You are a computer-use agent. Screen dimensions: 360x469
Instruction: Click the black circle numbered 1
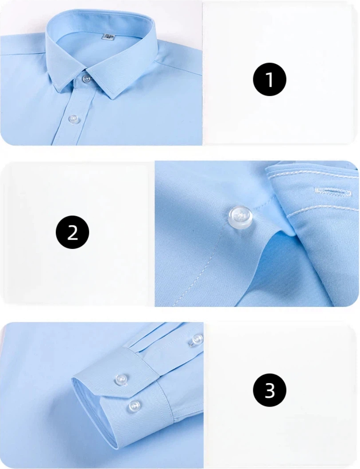coord(270,79)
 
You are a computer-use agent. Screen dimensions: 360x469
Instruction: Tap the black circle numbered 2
coord(72,232)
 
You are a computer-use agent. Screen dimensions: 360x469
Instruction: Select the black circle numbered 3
coord(270,390)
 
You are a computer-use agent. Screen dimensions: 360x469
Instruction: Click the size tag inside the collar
coord(109,36)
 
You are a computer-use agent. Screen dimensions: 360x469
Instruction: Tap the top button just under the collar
coord(87,78)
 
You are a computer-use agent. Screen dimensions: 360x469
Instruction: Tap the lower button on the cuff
coord(135,406)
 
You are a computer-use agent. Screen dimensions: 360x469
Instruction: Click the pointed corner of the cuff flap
coord(132,398)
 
